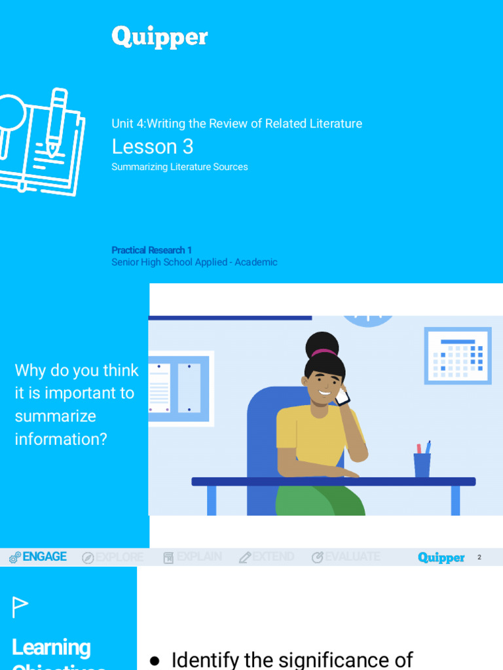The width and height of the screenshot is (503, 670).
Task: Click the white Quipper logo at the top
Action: tap(159, 37)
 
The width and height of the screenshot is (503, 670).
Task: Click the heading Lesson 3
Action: tap(153, 147)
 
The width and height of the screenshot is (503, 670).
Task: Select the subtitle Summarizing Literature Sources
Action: tap(179, 167)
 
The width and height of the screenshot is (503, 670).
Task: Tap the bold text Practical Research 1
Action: tap(151, 250)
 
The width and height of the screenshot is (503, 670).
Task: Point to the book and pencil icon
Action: tap(41, 141)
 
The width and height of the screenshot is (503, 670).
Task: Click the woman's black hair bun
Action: tap(322, 345)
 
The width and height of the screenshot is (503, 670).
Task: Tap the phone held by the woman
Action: tap(342, 396)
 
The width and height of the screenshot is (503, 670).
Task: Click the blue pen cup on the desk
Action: tap(422, 464)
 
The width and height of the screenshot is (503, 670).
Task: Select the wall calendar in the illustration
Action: tap(457, 356)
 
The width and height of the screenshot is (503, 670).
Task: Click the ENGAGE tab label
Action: tap(44, 557)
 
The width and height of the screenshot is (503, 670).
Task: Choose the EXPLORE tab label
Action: tap(119, 557)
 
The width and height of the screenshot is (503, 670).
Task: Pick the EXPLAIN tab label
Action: tap(199, 557)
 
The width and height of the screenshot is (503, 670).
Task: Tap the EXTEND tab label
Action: tap(273, 557)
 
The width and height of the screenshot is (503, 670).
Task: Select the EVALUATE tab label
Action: tap(352, 557)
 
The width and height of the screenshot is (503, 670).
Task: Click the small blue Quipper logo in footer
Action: tap(441, 557)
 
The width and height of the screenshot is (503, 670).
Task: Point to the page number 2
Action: tap(479, 557)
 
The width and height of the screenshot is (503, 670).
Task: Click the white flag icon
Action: tap(20, 607)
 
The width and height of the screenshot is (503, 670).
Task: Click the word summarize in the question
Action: tap(55, 416)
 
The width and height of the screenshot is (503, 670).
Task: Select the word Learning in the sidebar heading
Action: tap(51, 647)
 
